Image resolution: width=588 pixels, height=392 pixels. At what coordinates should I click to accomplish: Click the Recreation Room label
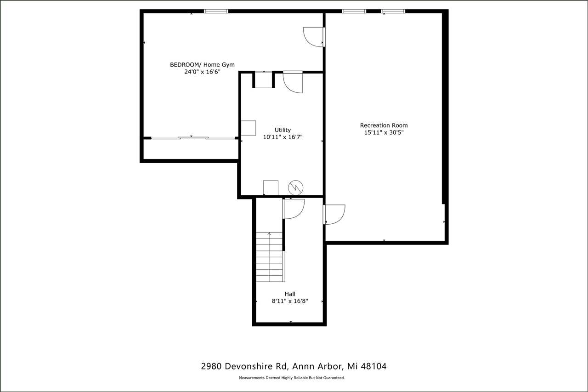tap(384, 125)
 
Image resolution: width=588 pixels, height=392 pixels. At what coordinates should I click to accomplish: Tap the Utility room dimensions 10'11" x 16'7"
tap(283, 137)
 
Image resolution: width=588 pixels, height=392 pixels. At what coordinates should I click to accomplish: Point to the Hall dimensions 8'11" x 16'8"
tap(290, 301)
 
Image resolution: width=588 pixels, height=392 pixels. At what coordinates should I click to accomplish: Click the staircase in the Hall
tap(270, 257)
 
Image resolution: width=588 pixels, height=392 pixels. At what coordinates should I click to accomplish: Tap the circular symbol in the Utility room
tap(295, 187)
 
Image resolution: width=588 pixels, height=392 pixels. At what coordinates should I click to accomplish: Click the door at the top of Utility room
tap(293, 82)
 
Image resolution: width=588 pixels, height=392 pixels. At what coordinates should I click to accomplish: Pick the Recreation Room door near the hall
tap(334, 215)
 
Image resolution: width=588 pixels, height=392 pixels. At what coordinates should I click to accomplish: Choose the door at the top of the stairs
tap(293, 209)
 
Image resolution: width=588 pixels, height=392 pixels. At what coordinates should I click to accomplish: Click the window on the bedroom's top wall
tap(216, 11)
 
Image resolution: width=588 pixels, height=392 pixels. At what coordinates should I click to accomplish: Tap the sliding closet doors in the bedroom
tap(193, 137)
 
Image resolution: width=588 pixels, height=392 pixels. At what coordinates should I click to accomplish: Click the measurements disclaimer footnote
tap(292, 378)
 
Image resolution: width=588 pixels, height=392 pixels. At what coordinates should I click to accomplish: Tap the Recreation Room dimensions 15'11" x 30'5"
tap(384, 133)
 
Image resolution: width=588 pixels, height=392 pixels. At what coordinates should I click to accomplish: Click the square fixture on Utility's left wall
tap(249, 128)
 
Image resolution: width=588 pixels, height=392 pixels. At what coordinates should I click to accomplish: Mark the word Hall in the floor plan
tap(290, 294)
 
